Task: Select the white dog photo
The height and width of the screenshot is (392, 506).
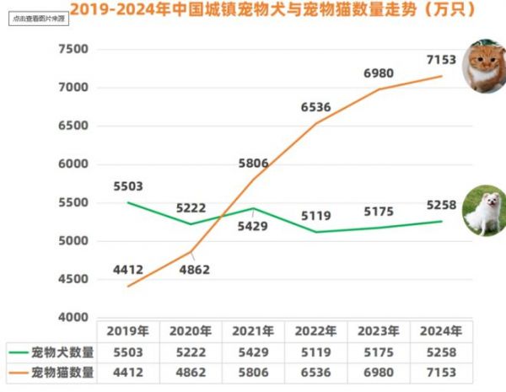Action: [x=484, y=210]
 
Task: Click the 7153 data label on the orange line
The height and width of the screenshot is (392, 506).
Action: [x=442, y=59]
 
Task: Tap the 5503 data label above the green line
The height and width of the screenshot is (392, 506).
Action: [x=127, y=185]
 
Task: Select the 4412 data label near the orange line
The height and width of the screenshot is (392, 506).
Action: [x=127, y=270]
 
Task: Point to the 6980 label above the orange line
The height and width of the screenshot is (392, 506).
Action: [x=379, y=73]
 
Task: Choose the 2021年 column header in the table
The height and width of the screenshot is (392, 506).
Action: [x=254, y=331]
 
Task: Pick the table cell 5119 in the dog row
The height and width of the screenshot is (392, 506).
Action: [x=316, y=352]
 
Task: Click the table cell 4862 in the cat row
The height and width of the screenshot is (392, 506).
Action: [x=191, y=372]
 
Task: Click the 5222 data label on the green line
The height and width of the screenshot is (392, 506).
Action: [x=191, y=207]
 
